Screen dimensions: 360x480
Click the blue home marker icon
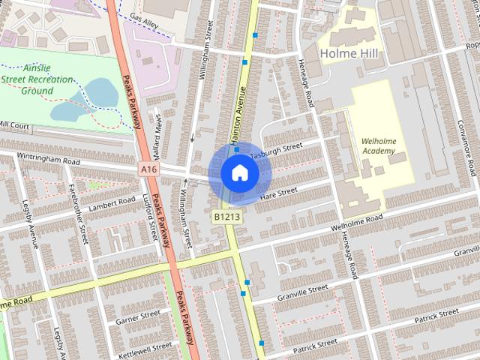pyautogui.click(x=239, y=172)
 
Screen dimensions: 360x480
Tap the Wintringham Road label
pyautogui.click(x=50, y=160)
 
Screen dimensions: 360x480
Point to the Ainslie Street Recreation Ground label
pyautogui.click(x=46, y=79)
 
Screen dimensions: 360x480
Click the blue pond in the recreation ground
pyautogui.click(x=97, y=94)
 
